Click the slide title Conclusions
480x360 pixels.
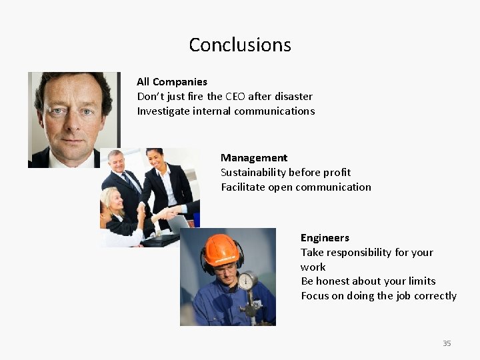[240, 45]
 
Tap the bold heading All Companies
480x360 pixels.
[172, 82]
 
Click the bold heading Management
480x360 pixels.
[254, 158]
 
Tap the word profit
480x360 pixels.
[337, 173]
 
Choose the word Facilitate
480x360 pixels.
[243, 187]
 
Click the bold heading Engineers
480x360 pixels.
[325, 238]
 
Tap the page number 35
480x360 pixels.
[447, 343]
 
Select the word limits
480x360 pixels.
[421, 281]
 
